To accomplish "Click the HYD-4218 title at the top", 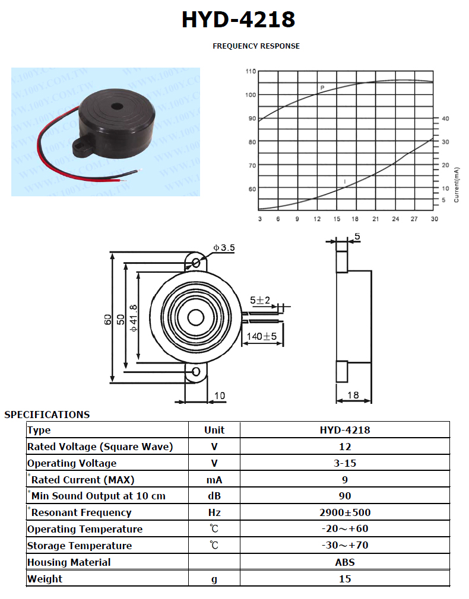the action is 238,20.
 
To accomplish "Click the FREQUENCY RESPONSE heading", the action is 256,46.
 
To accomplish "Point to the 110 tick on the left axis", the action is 251,71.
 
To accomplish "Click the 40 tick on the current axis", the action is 445,119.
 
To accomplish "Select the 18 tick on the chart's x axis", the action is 355,219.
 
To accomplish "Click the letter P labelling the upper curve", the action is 322,88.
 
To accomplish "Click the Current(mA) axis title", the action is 456,185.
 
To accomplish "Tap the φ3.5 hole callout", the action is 224,247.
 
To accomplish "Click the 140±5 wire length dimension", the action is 262,336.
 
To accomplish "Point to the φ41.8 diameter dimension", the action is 133,318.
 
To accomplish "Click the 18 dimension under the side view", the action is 353,395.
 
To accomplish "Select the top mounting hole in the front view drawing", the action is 196,263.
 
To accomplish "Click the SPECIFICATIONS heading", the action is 47,415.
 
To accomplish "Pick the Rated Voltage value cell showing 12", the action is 345,447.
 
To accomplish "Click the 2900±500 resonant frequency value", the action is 345,512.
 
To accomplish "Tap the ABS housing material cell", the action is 345,562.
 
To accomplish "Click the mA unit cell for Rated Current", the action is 214,480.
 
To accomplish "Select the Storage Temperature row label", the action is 80,546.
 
